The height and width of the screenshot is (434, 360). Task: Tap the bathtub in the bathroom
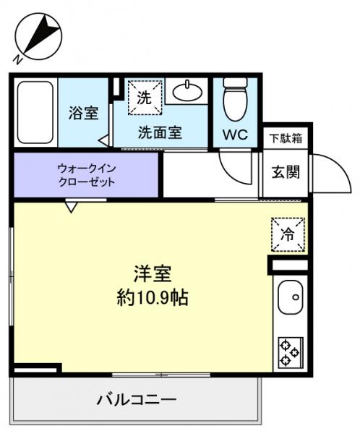click(x=34, y=113)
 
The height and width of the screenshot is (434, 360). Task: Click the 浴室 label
click(x=83, y=113)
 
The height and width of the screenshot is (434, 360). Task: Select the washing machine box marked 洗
click(x=145, y=98)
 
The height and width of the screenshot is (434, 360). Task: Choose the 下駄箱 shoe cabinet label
click(x=286, y=137)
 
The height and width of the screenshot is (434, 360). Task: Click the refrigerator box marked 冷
click(x=288, y=234)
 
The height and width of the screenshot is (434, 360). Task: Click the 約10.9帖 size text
click(x=152, y=297)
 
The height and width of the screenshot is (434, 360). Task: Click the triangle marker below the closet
click(x=70, y=208)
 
